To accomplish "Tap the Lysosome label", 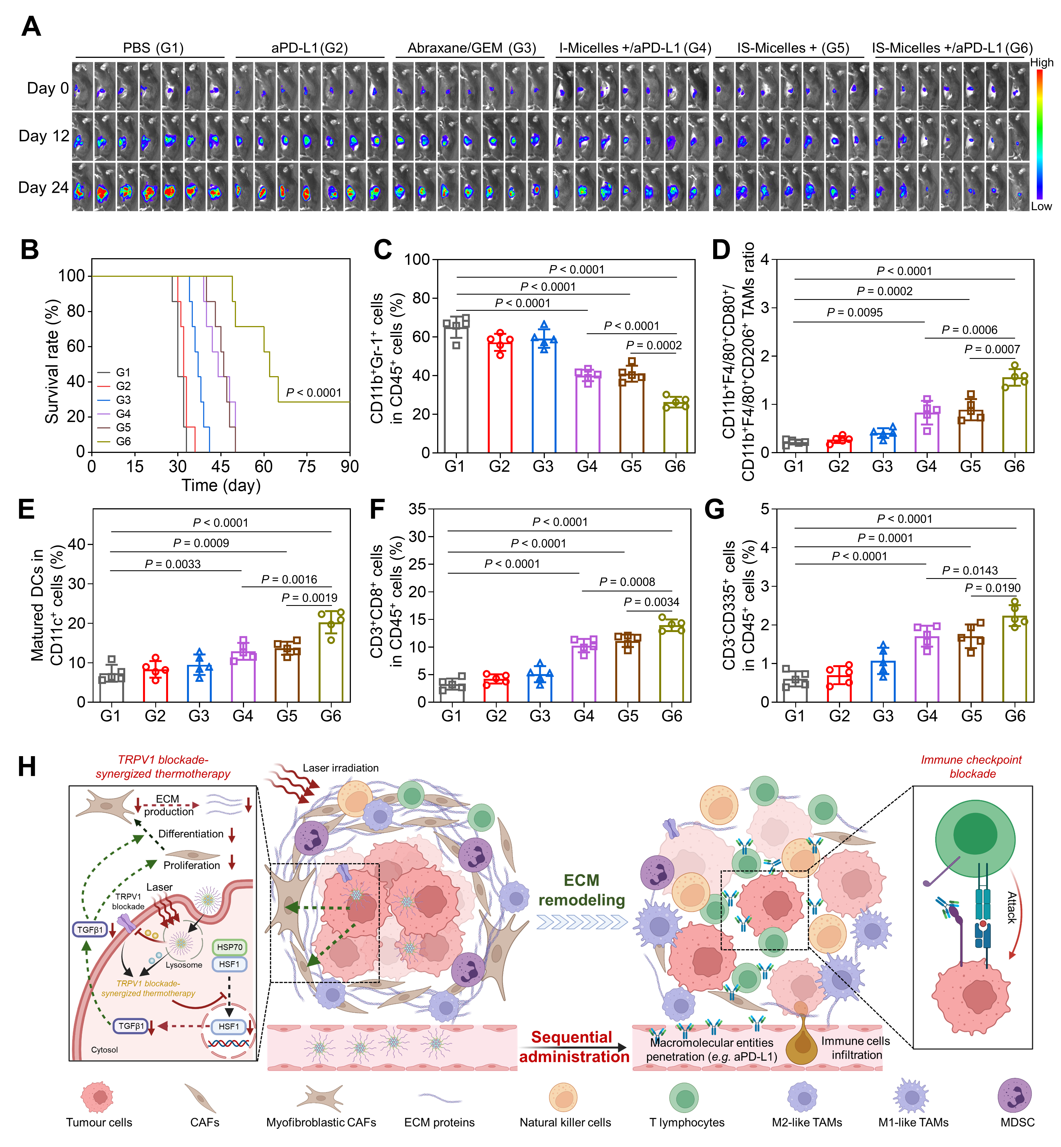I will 184,965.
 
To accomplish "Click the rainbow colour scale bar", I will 1039,135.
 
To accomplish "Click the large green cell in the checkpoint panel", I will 975,838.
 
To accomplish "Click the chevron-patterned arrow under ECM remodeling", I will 582,921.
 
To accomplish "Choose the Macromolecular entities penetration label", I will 712,1049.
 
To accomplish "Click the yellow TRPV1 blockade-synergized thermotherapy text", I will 148,988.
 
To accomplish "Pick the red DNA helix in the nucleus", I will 228,1043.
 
